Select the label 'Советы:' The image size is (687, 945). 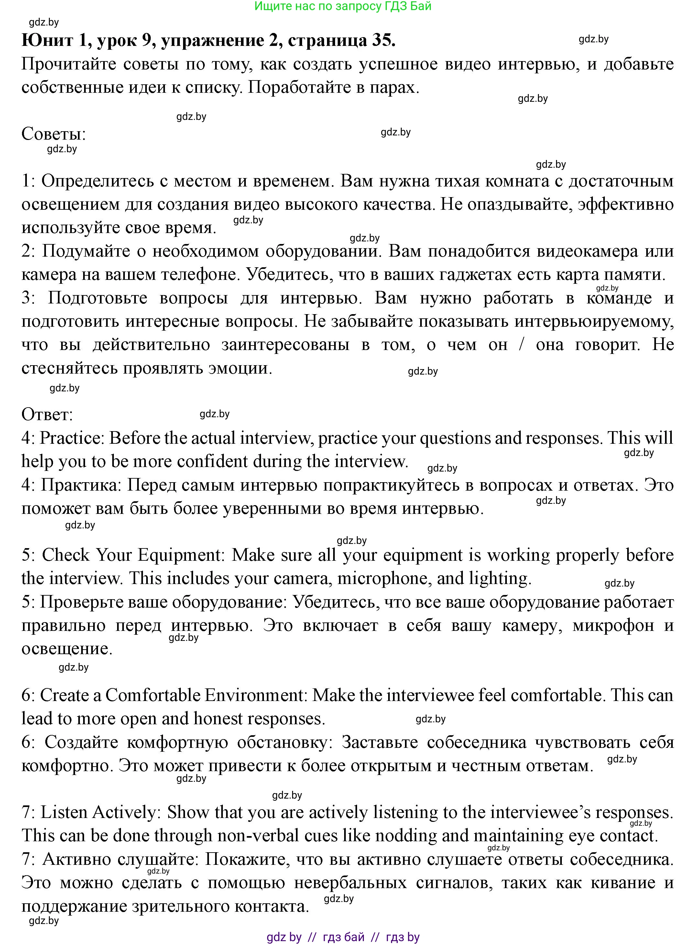[x=53, y=134]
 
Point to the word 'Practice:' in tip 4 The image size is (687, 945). [x=72, y=438]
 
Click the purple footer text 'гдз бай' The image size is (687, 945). [x=343, y=937]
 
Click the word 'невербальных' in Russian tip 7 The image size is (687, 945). [x=350, y=883]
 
